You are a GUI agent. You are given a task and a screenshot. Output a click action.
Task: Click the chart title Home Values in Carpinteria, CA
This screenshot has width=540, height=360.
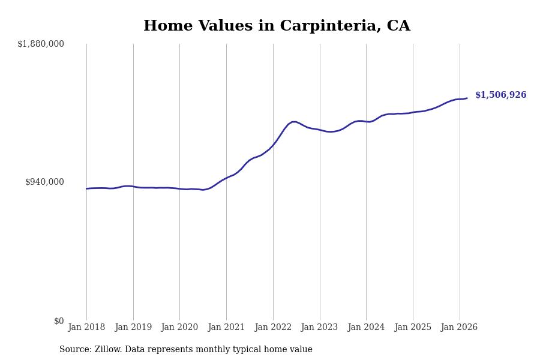pyautogui.click(x=277, y=26)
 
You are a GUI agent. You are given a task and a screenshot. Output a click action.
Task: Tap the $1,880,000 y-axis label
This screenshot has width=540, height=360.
pyautogui.click(x=41, y=44)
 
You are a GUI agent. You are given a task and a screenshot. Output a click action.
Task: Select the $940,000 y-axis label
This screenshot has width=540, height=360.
pyautogui.click(x=44, y=182)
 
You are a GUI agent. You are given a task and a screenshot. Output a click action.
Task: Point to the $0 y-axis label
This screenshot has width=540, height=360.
pyautogui.click(x=59, y=321)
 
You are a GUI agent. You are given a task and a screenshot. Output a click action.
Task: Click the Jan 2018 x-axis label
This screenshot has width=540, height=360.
pyautogui.click(x=86, y=328)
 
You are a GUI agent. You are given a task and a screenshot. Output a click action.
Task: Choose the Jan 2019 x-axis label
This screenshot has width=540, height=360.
pyautogui.click(x=133, y=328)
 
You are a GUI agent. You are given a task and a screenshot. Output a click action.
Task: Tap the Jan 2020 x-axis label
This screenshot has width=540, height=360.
pyautogui.click(x=179, y=328)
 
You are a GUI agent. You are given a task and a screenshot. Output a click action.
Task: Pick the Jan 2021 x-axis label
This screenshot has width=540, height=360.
pyautogui.click(x=226, y=328)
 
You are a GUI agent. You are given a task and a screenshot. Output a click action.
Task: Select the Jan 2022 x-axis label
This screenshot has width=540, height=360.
pyautogui.click(x=273, y=328)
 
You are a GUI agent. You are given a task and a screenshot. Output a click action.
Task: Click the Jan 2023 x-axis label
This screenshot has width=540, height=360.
pyautogui.click(x=320, y=328)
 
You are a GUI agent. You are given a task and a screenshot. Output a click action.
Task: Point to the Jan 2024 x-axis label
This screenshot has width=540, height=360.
pyautogui.click(x=366, y=328)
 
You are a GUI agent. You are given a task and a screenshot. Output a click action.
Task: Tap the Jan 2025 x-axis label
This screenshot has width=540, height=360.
pyautogui.click(x=413, y=328)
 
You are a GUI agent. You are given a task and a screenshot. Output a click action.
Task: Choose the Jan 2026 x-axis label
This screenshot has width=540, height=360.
pyautogui.click(x=460, y=328)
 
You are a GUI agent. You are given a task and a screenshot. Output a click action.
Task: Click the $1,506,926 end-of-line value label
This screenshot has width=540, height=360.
pyautogui.click(x=500, y=95)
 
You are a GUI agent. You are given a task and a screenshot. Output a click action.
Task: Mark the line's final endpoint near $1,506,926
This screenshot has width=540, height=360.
pyautogui.click(x=467, y=98)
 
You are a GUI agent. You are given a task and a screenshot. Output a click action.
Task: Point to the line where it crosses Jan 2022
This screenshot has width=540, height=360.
pyautogui.click(x=273, y=145)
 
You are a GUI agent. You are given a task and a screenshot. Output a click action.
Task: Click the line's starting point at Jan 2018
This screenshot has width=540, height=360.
pyautogui.click(x=86, y=188)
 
